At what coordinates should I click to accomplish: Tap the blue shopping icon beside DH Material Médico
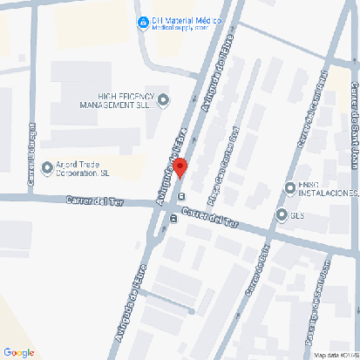point(142,23)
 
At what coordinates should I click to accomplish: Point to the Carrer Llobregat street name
point(32,158)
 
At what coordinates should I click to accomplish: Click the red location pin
point(180,167)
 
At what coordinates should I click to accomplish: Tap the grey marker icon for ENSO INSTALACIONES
point(289,187)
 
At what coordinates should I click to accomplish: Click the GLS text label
point(297,214)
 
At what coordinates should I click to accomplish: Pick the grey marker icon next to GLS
point(281,214)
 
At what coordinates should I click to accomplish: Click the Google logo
point(19,351)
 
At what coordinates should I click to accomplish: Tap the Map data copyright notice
point(336,355)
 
